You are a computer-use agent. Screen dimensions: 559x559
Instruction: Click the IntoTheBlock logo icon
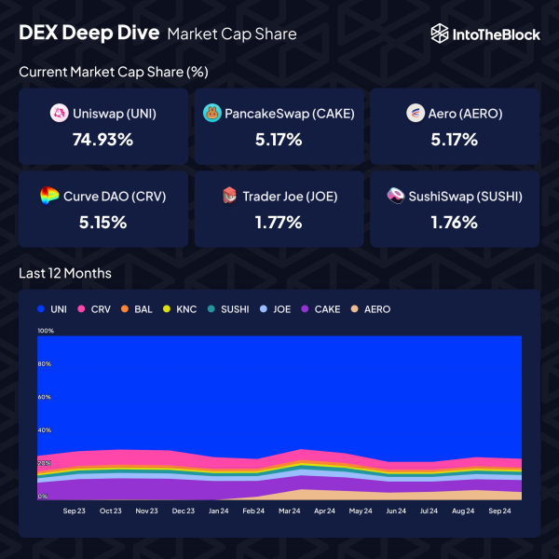(441, 34)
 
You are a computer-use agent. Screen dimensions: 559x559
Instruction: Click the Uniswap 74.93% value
(102, 140)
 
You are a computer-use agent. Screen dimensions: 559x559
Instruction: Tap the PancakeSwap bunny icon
(211, 114)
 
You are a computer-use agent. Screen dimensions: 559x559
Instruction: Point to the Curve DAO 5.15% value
(102, 222)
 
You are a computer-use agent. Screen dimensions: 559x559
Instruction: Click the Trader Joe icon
(228, 196)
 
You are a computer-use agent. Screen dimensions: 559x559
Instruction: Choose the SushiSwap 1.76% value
(455, 222)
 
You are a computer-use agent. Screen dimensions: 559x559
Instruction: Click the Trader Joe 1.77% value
(279, 222)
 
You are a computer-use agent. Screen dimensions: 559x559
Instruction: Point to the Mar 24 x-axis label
(289, 511)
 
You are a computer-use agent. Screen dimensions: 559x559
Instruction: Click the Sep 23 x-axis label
(75, 511)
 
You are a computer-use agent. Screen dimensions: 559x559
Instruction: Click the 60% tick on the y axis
(44, 397)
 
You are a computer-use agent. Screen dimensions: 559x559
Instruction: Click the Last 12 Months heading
(65, 273)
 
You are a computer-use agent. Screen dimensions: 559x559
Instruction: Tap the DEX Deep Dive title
(89, 34)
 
